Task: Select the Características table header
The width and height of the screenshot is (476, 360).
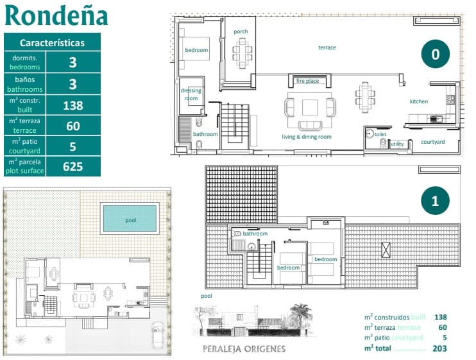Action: (x=52, y=43)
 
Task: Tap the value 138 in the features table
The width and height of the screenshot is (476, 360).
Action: (x=73, y=106)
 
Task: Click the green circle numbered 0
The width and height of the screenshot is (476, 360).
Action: (x=435, y=54)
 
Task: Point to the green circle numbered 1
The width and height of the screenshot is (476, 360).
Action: (x=435, y=201)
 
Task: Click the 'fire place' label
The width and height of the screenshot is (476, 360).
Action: (x=307, y=81)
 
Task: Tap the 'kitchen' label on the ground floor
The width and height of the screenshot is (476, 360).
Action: (x=419, y=101)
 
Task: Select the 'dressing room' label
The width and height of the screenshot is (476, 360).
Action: (x=191, y=94)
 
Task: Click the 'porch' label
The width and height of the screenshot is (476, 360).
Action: (x=241, y=31)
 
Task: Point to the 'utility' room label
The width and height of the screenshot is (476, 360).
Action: (x=398, y=144)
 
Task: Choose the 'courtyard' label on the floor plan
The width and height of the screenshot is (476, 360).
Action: (x=433, y=141)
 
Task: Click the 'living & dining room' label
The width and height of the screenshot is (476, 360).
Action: (x=307, y=137)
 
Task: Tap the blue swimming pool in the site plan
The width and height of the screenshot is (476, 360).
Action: (x=130, y=219)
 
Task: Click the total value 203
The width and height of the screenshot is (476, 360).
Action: (x=440, y=348)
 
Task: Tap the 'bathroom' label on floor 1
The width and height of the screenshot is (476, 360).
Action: (x=255, y=234)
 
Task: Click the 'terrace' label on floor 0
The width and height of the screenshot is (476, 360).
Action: (x=327, y=47)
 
